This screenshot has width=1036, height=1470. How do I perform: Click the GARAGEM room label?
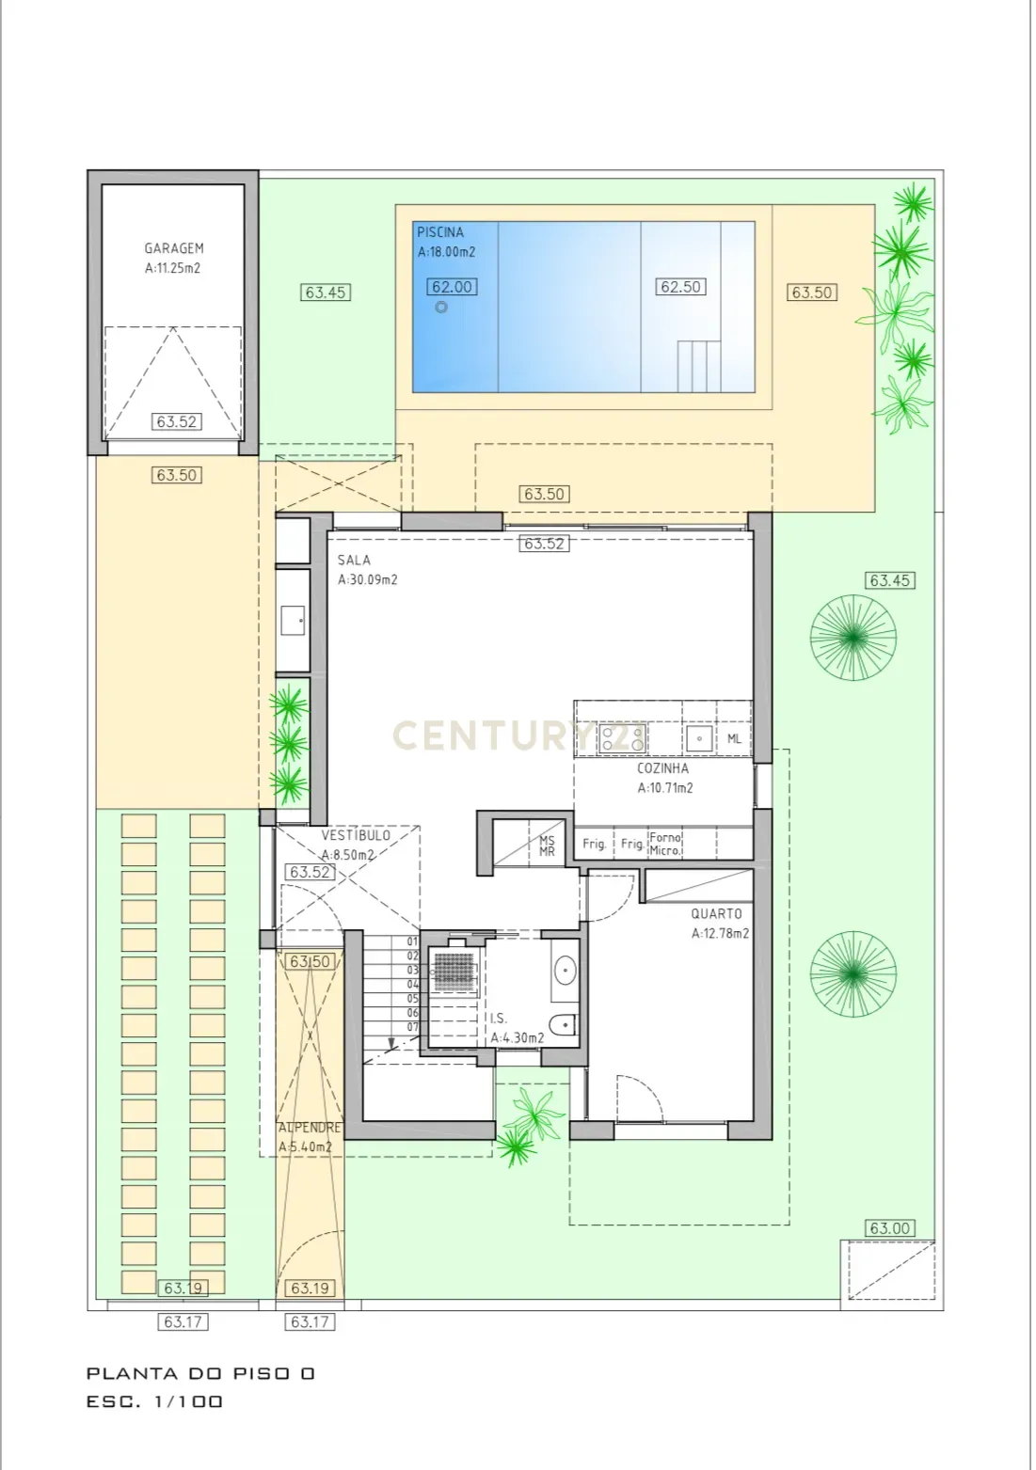pos(173,248)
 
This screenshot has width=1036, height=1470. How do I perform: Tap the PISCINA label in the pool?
pos(440,232)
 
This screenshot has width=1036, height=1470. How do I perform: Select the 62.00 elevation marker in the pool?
pos(452,288)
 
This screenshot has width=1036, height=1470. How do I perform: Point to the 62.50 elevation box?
pos(680,287)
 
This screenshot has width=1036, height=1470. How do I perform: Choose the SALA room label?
pos(354,561)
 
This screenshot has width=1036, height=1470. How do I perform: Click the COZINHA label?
pos(662,768)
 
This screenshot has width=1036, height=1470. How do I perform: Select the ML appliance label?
pos(734,739)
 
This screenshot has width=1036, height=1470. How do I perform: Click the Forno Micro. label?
pos(665,844)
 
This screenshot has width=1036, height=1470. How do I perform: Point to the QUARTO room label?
pos(716,913)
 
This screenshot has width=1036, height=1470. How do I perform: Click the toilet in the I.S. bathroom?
pos(565,1027)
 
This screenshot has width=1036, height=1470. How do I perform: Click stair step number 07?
pos(412,1027)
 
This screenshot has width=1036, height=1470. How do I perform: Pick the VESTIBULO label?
pos(355,835)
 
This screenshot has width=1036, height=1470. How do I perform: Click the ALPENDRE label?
pos(310,1127)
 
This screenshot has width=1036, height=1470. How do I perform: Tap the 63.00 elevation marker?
pos(889,1228)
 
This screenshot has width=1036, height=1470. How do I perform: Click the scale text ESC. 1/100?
pos(155,1401)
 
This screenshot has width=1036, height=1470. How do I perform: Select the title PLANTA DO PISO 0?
pos(200,1374)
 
